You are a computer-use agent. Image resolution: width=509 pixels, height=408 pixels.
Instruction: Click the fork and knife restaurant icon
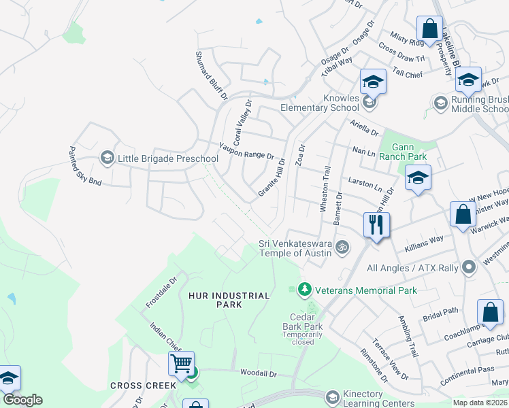point(376,225)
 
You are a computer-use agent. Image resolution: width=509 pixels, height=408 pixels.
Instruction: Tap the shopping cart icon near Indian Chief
point(181,364)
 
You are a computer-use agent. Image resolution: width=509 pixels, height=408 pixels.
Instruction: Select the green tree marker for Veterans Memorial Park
point(304,290)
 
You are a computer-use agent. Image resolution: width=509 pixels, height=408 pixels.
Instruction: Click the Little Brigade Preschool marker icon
point(107,158)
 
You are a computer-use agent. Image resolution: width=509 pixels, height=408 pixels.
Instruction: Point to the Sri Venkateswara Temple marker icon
point(343,247)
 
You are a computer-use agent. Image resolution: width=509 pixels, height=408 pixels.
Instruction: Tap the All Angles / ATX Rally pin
point(467,267)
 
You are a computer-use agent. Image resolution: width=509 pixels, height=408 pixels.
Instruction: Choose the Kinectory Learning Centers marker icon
point(332,396)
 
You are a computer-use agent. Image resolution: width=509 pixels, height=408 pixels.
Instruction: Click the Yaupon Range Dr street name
point(246,150)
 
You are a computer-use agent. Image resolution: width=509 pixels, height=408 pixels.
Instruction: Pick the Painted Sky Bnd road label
point(85,166)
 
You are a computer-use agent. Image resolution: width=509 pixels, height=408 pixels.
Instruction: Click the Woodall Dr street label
point(259,373)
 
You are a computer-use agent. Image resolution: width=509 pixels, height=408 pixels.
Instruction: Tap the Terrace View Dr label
point(391,358)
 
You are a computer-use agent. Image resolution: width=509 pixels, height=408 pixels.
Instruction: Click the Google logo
point(22,400)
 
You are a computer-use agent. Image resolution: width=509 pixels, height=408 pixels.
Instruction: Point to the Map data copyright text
point(480,403)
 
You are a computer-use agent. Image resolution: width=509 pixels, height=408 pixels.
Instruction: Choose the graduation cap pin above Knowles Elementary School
point(373,82)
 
